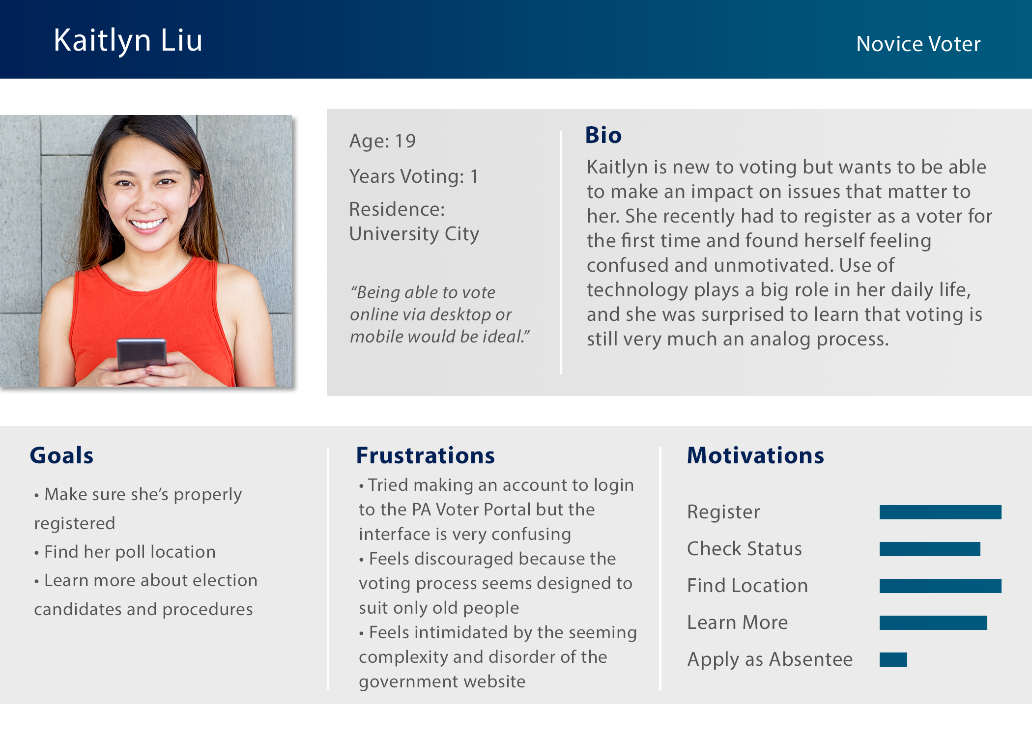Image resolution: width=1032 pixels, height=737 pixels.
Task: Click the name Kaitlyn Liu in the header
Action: click(x=128, y=41)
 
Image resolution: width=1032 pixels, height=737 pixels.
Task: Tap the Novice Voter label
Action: click(x=918, y=44)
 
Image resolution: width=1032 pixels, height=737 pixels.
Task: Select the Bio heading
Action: click(x=603, y=135)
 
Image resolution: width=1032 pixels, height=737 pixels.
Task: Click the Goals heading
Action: click(x=61, y=455)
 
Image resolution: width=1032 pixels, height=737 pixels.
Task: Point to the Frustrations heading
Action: click(x=426, y=455)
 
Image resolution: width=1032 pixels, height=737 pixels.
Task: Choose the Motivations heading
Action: click(x=755, y=455)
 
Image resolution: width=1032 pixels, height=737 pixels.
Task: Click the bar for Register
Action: click(x=940, y=512)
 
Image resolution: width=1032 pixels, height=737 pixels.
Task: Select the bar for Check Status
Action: click(x=930, y=549)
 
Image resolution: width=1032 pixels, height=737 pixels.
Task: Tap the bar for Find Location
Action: click(x=940, y=586)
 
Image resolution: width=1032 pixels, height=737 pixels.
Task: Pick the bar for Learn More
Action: click(x=933, y=623)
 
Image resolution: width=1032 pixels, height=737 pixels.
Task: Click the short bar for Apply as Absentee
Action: click(x=893, y=659)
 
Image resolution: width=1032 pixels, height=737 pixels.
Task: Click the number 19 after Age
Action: click(x=405, y=142)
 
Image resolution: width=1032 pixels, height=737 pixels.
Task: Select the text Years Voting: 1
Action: click(x=414, y=176)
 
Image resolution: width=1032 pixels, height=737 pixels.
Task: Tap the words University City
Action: click(x=414, y=234)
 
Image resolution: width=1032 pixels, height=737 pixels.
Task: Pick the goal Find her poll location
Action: click(x=130, y=552)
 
